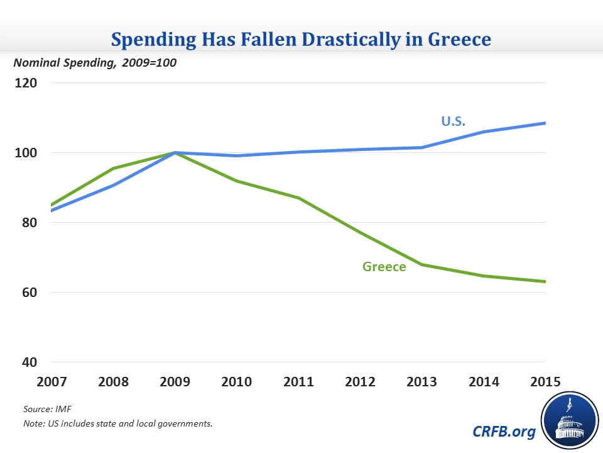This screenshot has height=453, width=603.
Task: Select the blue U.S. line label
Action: coord(454,121)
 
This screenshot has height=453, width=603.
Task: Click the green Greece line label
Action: coord(384,267)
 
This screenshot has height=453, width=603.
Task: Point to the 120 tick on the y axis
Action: coord(28,83)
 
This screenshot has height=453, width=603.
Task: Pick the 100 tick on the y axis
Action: coord(28,153)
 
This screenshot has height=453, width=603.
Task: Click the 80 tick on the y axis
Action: coord(30,223)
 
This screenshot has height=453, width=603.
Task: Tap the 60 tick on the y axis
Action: coord(30,293)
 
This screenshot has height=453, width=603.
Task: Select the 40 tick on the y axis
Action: coord(30,362)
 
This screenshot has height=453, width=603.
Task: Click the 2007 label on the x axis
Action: coord(53,381)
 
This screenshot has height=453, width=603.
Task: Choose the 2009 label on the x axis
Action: coord(176,381)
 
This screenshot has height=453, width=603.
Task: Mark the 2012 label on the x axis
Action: coord(361,381)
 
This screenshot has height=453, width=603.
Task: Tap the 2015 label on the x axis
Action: coord(544,381)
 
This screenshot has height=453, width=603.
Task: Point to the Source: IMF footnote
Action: coord(48,410)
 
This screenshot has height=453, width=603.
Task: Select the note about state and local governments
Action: coord(118,423)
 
